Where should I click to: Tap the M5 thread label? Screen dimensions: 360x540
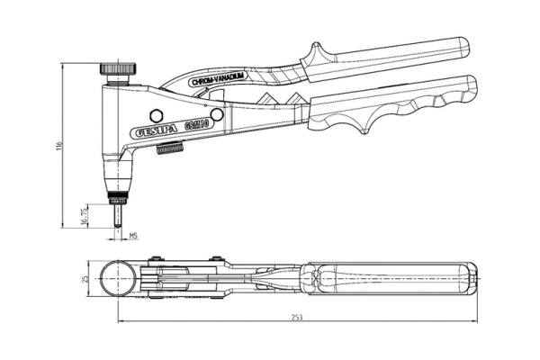(133, 236)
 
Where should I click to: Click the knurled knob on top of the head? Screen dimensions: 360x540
(117, 68)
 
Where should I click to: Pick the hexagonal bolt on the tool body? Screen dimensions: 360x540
(155, 115)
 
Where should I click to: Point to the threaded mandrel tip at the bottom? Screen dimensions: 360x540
(117, 216)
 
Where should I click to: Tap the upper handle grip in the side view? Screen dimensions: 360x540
(387, 58)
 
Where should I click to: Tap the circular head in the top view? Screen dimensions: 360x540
(118, 278)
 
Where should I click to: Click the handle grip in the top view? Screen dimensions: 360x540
(387, 278)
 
